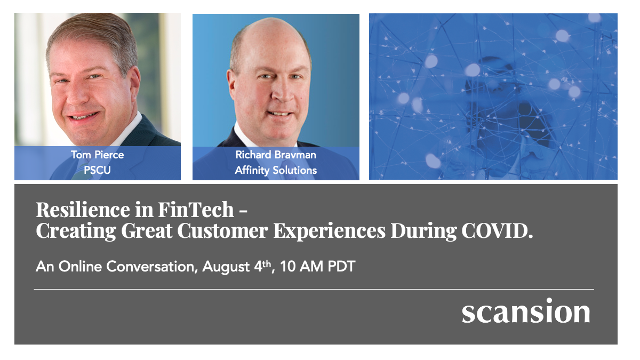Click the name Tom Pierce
coord(97,155)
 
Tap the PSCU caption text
coord(97,171)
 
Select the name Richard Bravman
coord(276,155)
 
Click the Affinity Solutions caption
coord(276,171)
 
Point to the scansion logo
coord(526,311)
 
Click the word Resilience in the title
coord(81,210)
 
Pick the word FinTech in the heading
coord(196,210)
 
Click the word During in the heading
coord(421,231)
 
